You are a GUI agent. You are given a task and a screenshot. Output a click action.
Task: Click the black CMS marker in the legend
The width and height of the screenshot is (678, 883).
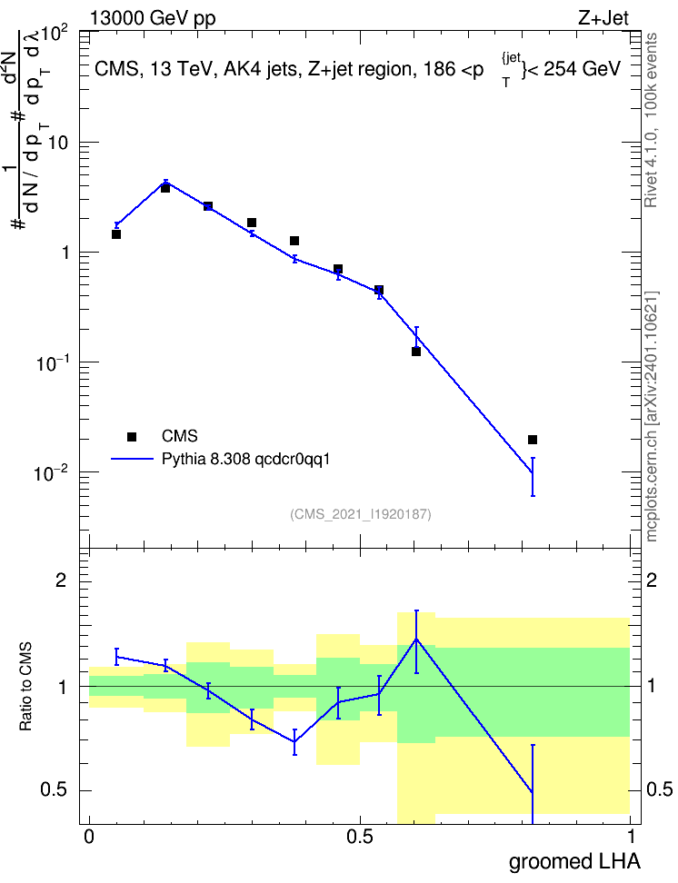(x=132, y=436)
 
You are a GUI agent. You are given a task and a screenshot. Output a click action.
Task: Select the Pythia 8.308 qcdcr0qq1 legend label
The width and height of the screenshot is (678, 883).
(x=245, y=460)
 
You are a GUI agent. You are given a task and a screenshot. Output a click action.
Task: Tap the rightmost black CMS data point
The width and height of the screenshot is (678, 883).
(x=533, y=440)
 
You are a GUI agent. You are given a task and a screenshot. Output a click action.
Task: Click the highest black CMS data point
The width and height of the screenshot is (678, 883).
(x=165, y=188)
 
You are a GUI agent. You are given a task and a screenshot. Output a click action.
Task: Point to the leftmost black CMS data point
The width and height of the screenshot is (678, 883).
(x=116, y=234)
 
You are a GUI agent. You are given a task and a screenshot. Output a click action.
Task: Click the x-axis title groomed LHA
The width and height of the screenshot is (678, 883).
(x=574, y=862)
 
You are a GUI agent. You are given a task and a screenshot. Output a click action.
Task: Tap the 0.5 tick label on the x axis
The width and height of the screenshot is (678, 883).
(x=360, y=837)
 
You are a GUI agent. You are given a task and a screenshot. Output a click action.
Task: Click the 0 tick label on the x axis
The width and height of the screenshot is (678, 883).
(x=89, y=837)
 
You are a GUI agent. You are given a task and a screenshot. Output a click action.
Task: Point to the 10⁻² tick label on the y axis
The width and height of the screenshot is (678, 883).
(x=53, y=472)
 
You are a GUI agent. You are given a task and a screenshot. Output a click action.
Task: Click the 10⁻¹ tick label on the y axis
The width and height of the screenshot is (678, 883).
(x=53, y=362)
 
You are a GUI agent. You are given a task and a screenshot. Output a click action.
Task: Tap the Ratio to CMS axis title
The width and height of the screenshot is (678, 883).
(x=25, y=687)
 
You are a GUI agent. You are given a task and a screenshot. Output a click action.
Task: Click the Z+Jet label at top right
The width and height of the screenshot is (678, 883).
(x=603, y=18)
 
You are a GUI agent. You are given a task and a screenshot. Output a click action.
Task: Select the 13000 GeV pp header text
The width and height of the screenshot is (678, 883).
(x=153, y=18)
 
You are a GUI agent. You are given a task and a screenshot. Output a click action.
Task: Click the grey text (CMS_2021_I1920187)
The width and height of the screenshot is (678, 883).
(x=361, y=514)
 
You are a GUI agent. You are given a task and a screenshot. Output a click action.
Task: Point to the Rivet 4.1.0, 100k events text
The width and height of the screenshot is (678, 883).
(x=651, y=120)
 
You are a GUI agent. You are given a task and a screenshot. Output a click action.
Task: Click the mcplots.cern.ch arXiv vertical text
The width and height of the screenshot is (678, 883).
(x=651, y=416)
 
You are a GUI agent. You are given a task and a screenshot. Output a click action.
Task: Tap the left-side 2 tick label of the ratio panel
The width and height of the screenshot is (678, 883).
(x=61, y=580)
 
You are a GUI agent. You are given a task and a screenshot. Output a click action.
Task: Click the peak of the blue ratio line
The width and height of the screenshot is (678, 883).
(x=416, y=639)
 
